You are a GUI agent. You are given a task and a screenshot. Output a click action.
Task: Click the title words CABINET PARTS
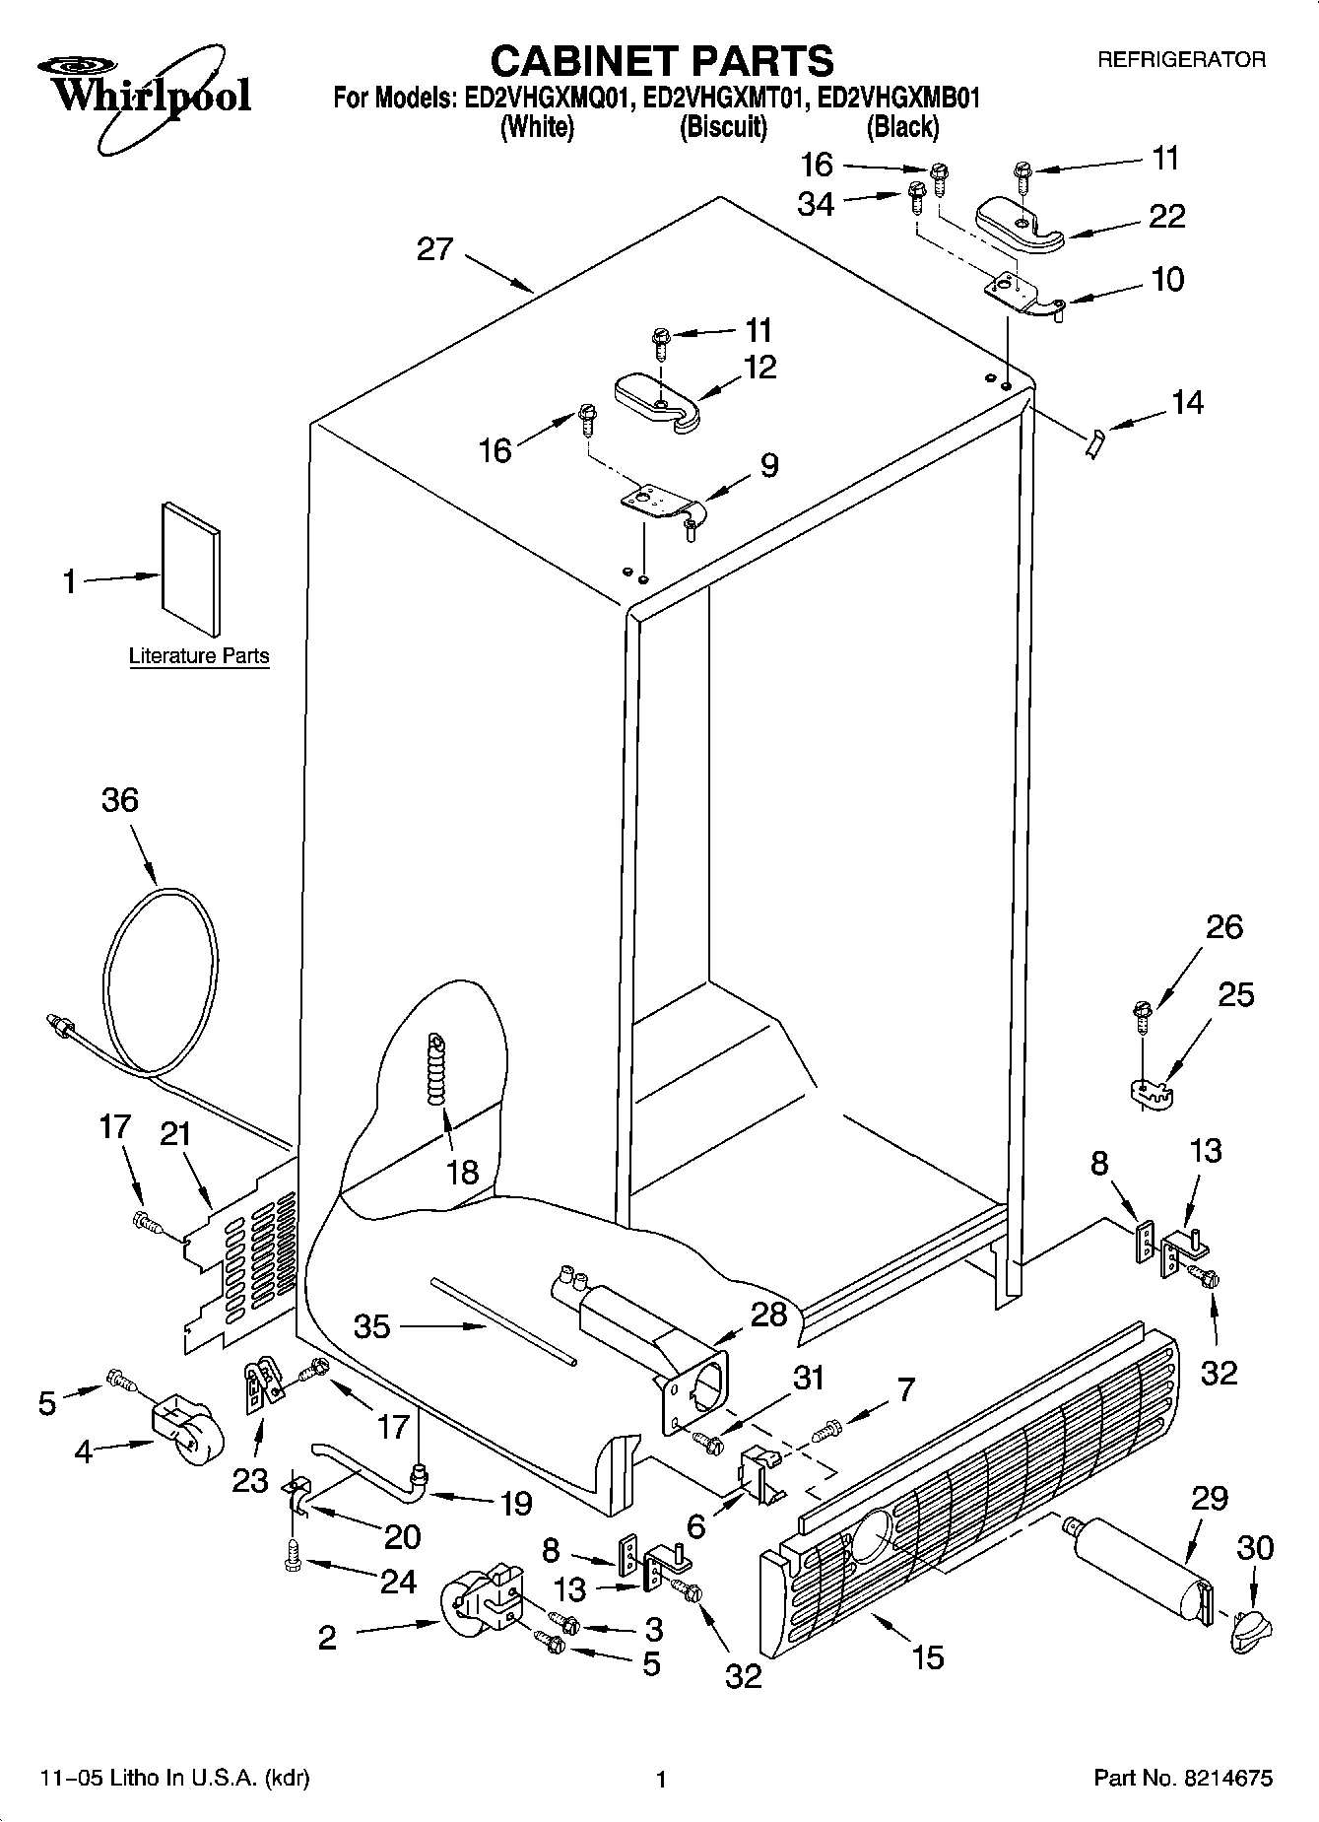661,62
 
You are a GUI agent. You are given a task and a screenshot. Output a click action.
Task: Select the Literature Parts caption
199,656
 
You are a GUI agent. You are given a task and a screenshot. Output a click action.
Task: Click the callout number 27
434,249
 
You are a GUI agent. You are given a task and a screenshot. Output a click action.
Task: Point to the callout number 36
120,799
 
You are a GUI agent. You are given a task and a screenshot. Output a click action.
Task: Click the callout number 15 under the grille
928,1656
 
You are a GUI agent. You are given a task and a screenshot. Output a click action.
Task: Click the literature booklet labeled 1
191,569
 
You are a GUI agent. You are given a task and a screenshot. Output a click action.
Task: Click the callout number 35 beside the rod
372,1325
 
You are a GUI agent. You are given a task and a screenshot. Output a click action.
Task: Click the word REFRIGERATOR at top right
1181,60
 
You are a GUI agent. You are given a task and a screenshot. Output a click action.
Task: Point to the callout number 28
768,1314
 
